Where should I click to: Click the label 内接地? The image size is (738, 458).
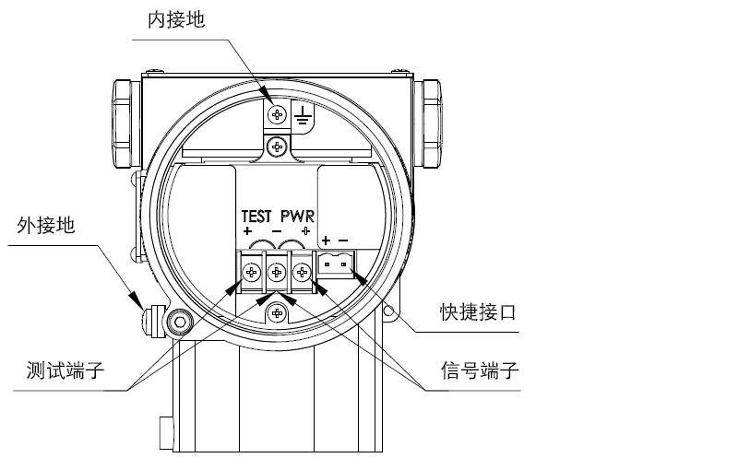point(177,20)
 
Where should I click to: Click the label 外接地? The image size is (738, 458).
point(46,226)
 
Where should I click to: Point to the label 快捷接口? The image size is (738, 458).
point(477,313)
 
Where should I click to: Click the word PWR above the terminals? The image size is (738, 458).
point(298,216)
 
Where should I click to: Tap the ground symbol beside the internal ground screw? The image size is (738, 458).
point(302,115)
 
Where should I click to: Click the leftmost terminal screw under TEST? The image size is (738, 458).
point(252,272)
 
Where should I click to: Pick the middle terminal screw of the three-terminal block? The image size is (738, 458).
point(277,272)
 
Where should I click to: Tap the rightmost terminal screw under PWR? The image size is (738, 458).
point(302,272)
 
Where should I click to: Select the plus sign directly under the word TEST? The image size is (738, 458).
point(247,229)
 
